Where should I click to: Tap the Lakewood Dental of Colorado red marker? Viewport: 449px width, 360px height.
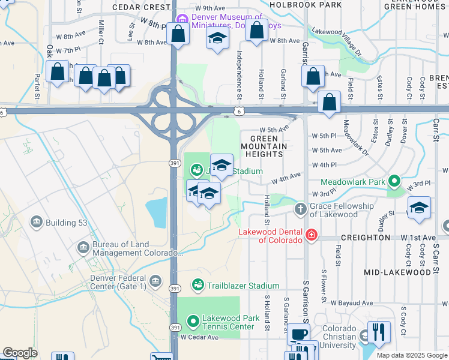(311, 235)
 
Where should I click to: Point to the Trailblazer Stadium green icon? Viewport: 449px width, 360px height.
(197, 284)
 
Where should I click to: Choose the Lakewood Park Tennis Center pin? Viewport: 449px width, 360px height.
(193, 322)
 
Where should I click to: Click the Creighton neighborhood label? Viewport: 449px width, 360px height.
(365, 238)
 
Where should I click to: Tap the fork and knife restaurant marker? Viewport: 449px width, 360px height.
(379, 332)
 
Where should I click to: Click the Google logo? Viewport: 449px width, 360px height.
(20, 353)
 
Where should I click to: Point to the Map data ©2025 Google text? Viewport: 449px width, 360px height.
(411, 355)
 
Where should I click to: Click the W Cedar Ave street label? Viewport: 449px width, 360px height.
(200, 337)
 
